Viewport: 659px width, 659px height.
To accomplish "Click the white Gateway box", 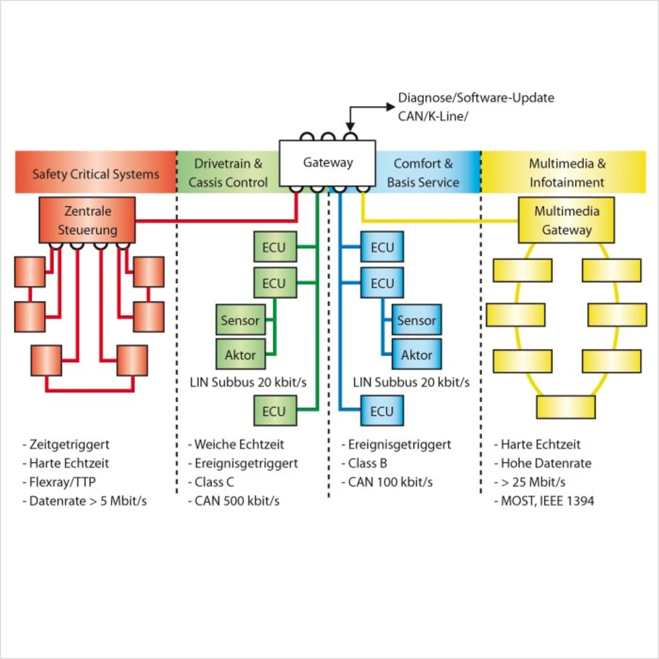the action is tap(327, 163).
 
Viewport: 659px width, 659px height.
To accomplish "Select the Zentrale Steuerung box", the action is tap(87, 220).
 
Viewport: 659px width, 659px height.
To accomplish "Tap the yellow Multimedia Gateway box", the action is tap(566, 220).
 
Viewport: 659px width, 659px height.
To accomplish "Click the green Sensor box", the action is tap(240, 319).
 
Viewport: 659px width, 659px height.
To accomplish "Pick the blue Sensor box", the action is tap(417, 319).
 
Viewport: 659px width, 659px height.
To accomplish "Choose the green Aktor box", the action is tap(240, 354).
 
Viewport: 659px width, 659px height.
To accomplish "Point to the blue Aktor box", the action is tap(417, 354).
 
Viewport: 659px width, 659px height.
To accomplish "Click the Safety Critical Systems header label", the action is tap(96, 174).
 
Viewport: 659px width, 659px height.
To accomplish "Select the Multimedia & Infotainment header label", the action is tap(567, 172).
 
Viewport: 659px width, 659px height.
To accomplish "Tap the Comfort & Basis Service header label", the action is tap(423, 172).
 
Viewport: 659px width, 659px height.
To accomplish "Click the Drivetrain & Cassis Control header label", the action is tap(228, 172).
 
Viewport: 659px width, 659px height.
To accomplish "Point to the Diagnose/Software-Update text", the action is tap(476, 98).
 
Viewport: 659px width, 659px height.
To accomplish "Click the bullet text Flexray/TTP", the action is tap(62, 482).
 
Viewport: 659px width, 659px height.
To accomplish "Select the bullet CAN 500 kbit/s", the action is tap(237, 500).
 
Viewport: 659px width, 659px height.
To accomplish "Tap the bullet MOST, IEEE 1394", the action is tap(547, 500).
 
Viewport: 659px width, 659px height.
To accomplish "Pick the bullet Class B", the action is tap(367, 463).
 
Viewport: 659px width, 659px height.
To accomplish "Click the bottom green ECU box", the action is tap(275, 410).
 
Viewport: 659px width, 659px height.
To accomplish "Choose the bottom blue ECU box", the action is tap(382, 410).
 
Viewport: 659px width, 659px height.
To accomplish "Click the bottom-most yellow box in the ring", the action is tap(566, 407).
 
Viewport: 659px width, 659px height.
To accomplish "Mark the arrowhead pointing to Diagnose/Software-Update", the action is tap(391, 107).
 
